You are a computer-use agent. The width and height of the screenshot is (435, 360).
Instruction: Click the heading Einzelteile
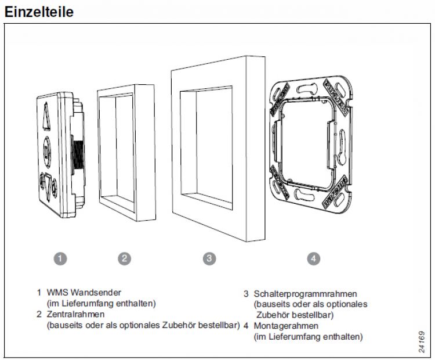pyautogui.click(x=39, y=12)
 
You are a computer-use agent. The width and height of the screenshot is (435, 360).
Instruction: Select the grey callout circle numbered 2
pyautogui.click(x=124, y=258)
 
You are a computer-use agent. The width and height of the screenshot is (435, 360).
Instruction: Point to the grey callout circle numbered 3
pyautogui.click(x=209, y=258)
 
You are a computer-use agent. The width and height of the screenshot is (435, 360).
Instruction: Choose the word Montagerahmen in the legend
pyautogui.click(x=284, y=326)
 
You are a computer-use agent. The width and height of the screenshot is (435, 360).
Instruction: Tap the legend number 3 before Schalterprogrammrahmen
pyautogui.click(x=246, y=294)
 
